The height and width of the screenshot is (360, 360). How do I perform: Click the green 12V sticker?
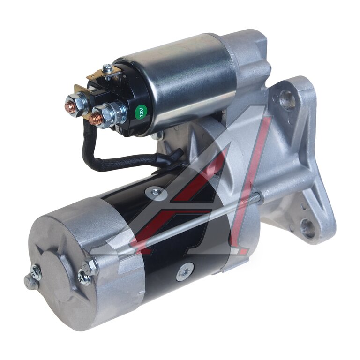[141, 112]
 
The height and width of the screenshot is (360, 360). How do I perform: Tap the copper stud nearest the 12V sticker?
[95, 118]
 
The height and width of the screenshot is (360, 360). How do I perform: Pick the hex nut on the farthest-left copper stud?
[79, 102]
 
